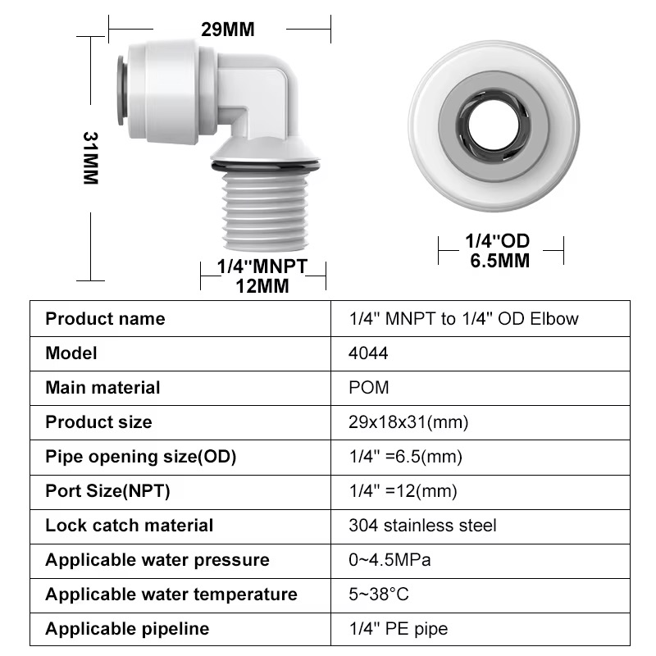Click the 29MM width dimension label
pyautogui.click(x=228, y=30)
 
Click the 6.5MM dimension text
pyautogui.click(x=499, y=261)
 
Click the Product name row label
pyautogui.click(x=105, y=319)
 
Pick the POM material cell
pyautogui.click(x=369, y=388)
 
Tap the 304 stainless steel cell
pyautogui.click(x=422, y=526)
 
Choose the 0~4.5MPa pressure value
pyautogui.click(x=389, y=560)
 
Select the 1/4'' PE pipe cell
pyautogui.click(x=399, y=629)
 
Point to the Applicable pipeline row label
pyautogui.click(x=127, y=629)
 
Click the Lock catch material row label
pyautogui.click(x=129, y=526)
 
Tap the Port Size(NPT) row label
pyautogui.click(x=107, y=491)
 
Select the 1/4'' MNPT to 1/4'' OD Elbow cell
pyautogui.click(x=463, y=319)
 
